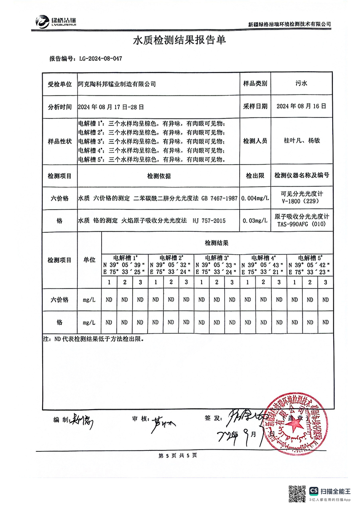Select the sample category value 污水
coord(301,84)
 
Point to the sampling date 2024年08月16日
coord(301,107)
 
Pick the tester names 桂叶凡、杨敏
coord(301,141)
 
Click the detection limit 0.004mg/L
coord(255,199)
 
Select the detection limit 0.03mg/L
coord(255,220)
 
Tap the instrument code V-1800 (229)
coord(301,202)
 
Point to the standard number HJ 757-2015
coord(209,220)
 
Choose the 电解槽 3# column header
coord(217,256)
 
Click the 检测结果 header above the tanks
coord(217,243)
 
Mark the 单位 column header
coord(89,260)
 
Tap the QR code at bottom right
coord(297,493)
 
